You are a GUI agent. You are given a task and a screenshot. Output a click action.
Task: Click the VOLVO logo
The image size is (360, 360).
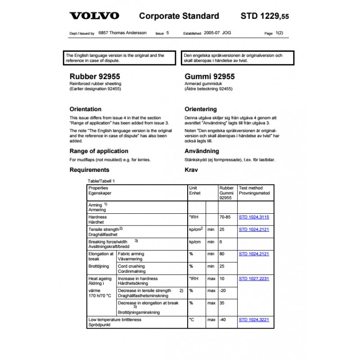94,16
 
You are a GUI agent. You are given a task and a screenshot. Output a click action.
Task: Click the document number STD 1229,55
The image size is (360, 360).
265,16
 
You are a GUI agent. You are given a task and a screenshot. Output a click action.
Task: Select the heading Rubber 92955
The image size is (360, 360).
94,76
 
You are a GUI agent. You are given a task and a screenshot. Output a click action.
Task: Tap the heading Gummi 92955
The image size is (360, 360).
210,76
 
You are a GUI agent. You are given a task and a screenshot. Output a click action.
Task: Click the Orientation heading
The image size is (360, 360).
85,109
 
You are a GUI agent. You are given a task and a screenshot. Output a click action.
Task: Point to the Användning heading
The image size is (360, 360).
202,151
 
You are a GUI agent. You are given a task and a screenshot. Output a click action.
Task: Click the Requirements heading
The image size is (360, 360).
89,170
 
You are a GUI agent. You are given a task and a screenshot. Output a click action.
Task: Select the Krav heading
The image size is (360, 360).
191,170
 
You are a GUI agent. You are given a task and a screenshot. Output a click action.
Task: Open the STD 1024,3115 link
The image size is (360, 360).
254,217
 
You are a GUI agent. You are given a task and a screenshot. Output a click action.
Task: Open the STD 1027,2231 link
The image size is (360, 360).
254,279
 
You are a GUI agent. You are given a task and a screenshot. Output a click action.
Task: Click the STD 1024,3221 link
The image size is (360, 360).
254,319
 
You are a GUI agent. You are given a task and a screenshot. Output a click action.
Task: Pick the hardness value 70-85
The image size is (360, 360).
225,217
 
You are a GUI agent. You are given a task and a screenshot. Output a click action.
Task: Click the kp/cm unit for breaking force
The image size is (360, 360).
194,242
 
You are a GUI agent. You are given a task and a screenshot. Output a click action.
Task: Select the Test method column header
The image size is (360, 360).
251,188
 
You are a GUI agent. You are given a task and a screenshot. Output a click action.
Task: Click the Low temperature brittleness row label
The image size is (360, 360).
115,319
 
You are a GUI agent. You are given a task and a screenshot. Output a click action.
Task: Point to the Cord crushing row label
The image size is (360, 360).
131,266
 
